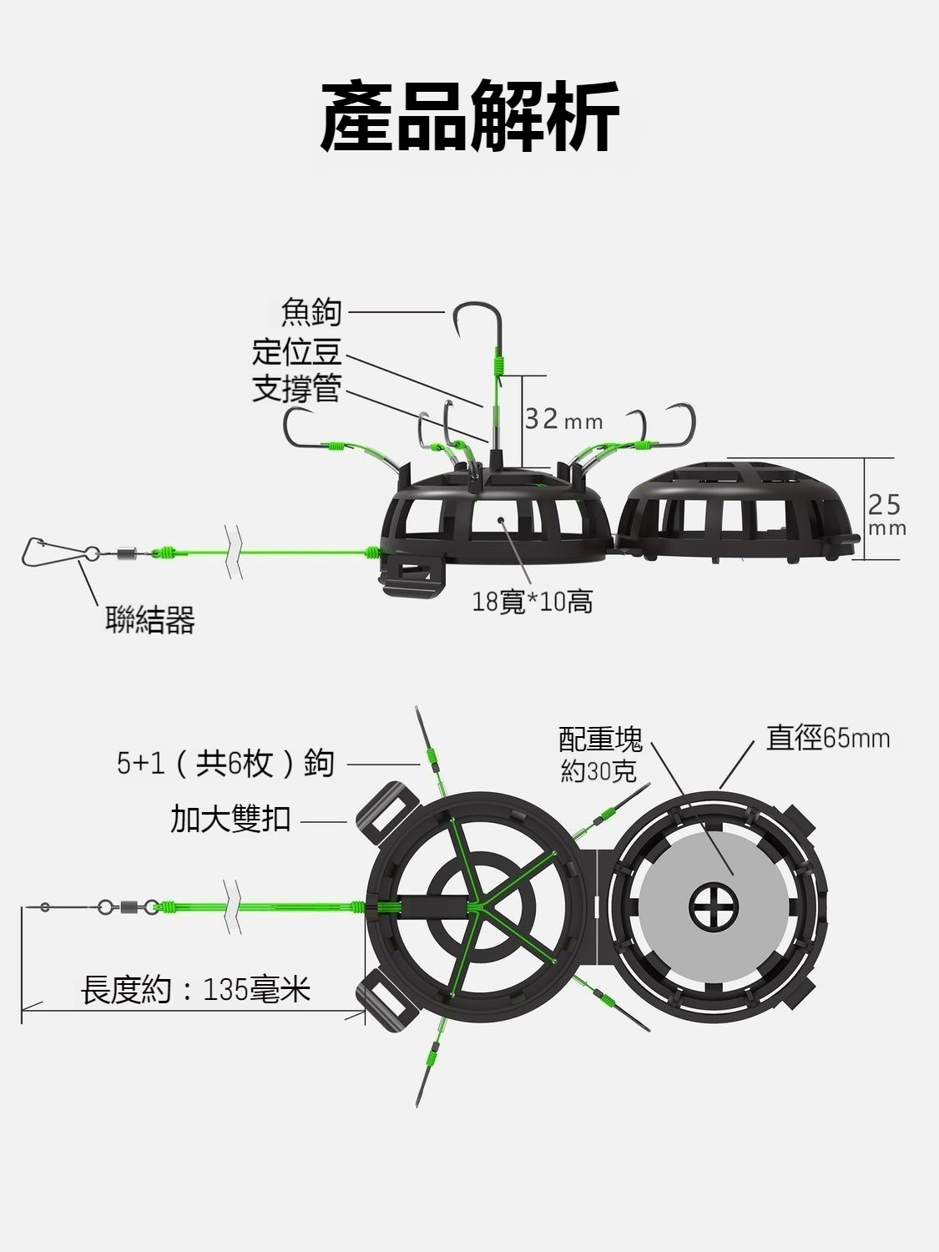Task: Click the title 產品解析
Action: (469, 117)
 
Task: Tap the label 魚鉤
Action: (311, 312)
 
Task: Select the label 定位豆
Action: (297, 351)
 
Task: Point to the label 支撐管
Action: (297, 388)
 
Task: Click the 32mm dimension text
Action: (563, 420)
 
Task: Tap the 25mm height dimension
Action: (886, 515)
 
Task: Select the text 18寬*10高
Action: (533, 601)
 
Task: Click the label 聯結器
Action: (150, 620)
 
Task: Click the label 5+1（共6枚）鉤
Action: (225, 763)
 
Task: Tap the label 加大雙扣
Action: (230, 819)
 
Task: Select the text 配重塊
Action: (600, 740)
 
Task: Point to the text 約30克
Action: (598, 771)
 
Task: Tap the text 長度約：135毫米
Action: (196, 990)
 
